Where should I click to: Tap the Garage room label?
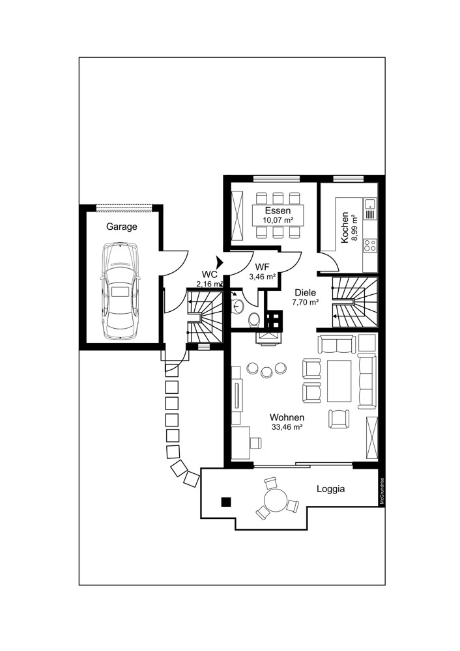click(x=122, y=227)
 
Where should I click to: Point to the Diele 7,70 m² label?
click(x=305, y=297)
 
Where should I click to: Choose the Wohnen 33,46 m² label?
click(x=287, y=422)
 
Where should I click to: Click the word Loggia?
click(x=330, y=488)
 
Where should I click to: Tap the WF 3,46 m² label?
click(x=262, y=271)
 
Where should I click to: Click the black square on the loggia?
click(x=226, y=501)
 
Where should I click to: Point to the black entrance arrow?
click(x=220, y=262)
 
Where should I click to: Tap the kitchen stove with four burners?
click(x=369, y=246)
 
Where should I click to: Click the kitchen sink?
click(x=370, y=208)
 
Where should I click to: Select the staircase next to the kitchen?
click(x=355, y=301)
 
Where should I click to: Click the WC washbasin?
click(x=238, y=306)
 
